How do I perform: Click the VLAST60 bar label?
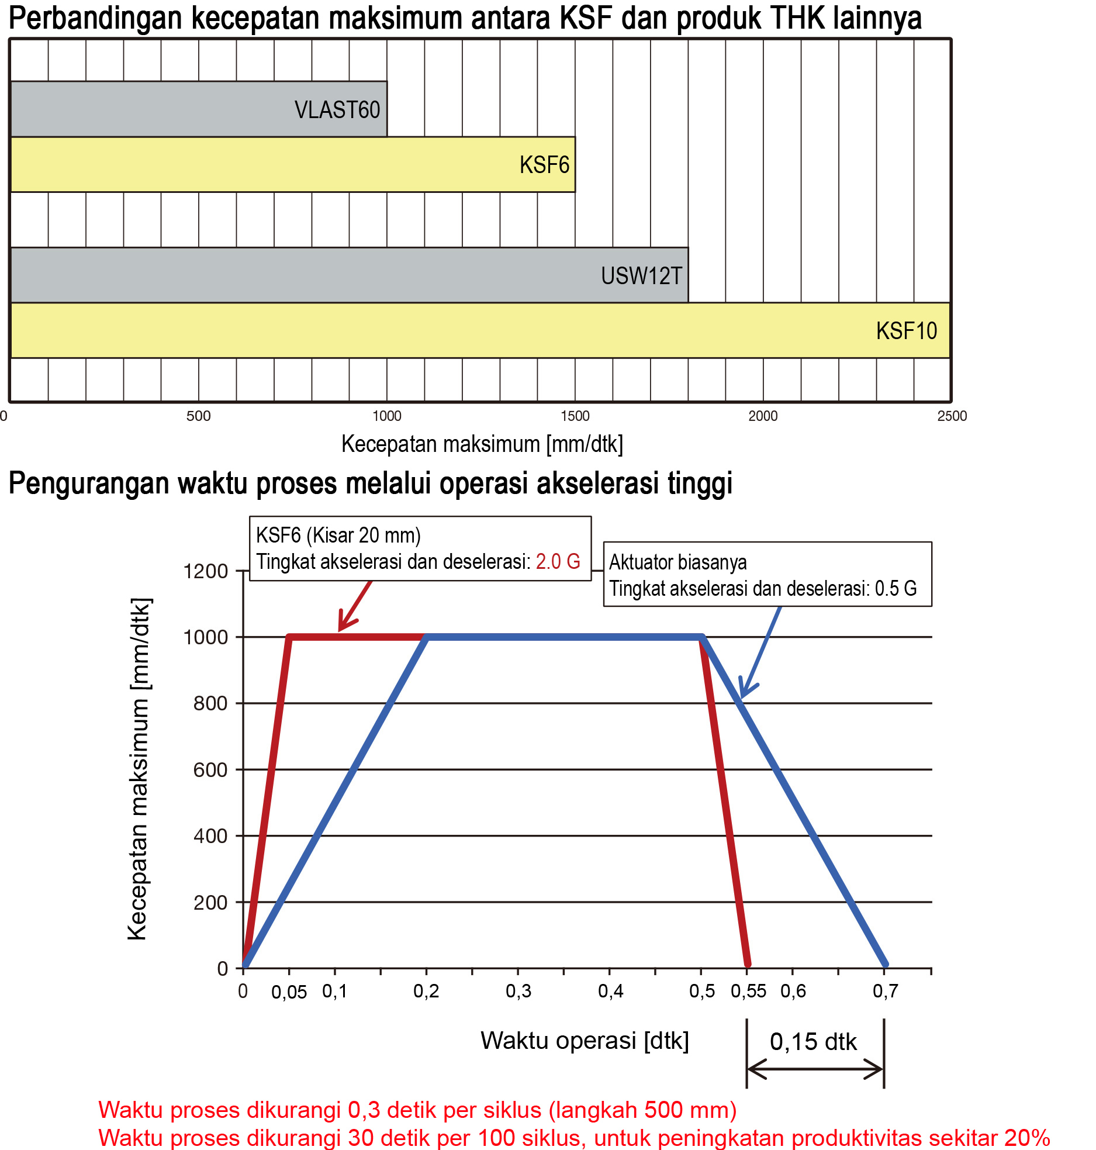pyautogui.click(x=337, y=110)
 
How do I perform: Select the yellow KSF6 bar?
pyautogui.click(x=292, y=165)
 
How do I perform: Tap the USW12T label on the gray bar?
pyautogui.click(x=641, y=276)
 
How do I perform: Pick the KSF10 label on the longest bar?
pyautogui.click(x=906, y=331)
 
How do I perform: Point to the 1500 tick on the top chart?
pyautogui.click(x=575, y=416)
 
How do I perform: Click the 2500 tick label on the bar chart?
pyautogui.click(x=952, y=416)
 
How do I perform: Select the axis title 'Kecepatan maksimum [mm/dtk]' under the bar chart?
pyautogui.click(x=482, y=444)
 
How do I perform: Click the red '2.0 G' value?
pyautogui.click(x=558, y=562)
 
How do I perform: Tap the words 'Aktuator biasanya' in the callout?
pyautogui.click(x=678, y=562)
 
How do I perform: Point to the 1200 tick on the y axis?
pyautogui.click(x=205, y=571)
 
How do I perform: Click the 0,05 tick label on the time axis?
pyautogui.click(x=289, y=992)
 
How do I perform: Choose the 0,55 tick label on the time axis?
pyautogui.click(x=748, y=992)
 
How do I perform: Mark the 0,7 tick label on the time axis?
pyautogui.click(x=885, y=992)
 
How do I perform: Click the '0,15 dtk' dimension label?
pyautogui.click(x=813, y=1042)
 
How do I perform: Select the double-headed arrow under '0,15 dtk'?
pyautogui.click(x=815, y=1069)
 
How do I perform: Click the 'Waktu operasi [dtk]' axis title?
pyautogui.click(x=585, y=1041)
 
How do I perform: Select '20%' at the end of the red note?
pyautogui.click(x=1027, y=1138)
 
